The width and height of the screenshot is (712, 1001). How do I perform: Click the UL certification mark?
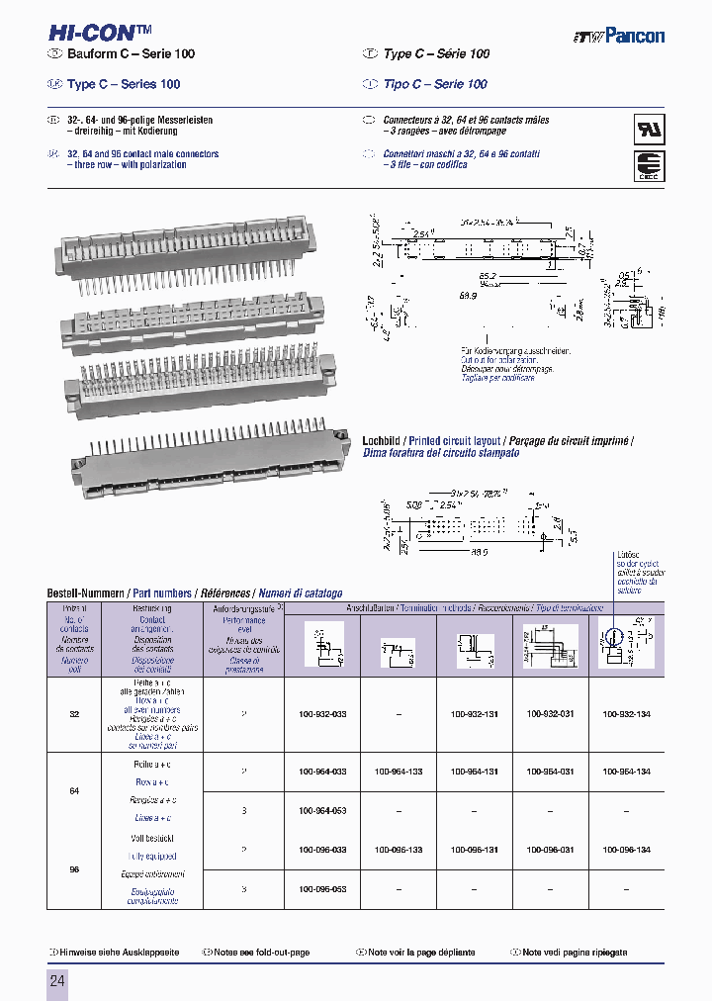tap(649, 131)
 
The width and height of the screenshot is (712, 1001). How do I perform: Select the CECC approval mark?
tap(649, 166)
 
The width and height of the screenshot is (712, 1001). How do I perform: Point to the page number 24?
tap(57, 981)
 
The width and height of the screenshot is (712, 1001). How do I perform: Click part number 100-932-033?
tap(322, 712)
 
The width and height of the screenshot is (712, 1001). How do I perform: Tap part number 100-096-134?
tap(627, 850)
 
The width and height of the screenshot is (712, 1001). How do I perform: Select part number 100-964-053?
tap(322, 810)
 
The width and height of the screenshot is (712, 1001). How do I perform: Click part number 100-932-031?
tap(551, 712)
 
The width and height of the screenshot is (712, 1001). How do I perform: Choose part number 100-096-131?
tap(475, 850)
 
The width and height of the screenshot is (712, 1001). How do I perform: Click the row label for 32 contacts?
tap(74, 712)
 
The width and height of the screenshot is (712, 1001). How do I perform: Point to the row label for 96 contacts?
tap(74, 869)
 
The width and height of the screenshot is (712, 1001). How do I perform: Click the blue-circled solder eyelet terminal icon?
tap(614, 639)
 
